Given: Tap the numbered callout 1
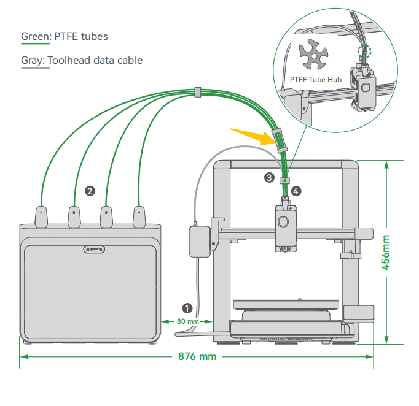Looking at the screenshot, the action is pyautogui.click(x=187, y=308).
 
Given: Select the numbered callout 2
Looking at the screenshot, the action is pyautogui.click(x=90, y=191).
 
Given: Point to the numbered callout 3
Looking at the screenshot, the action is pyautogui.click(x=269, y=178).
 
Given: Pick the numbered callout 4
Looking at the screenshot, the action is pyautogui.click(x=296, y=191).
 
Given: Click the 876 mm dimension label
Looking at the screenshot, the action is pyautogui.click(x=197, y=357).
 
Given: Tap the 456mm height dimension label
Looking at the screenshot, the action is pyautogui.click(x=385, y=252).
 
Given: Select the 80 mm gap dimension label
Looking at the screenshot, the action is pyautogui.click(x=188, y=321).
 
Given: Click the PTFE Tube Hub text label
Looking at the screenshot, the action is pyautogui.click(x=316, y=80).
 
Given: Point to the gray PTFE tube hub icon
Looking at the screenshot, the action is pyautogui.click(x=313, y=54).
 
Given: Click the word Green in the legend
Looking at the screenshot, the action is pyautogui.click(x=35, y=36).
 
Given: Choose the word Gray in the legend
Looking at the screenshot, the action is pyautogui.click(x=32, y=60).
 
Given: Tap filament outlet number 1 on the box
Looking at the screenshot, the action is pyautogui.click(x=41, y=216).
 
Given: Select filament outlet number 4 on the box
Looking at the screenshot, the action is pyautogui.click(x=139, y=216).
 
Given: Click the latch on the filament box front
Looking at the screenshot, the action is pyautogui.click(x=94, y=250).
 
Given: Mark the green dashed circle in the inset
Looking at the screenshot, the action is pyautogui.click(x=364, y=52).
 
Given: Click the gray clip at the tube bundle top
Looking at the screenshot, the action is pyautogui.click(x=197, y=92).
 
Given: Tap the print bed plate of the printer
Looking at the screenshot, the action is pyautogui.click(x=286, y=304).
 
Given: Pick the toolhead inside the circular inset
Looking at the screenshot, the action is pyautogui.click(x=363, y=88).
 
